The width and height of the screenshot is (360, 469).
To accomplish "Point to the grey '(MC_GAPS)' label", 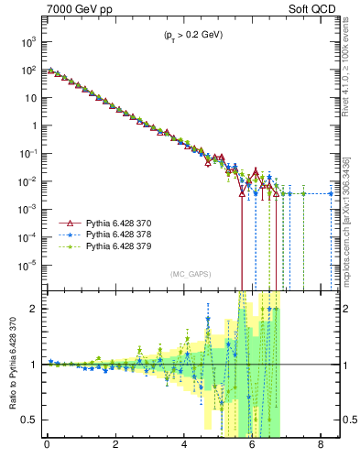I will click(190, 274).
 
